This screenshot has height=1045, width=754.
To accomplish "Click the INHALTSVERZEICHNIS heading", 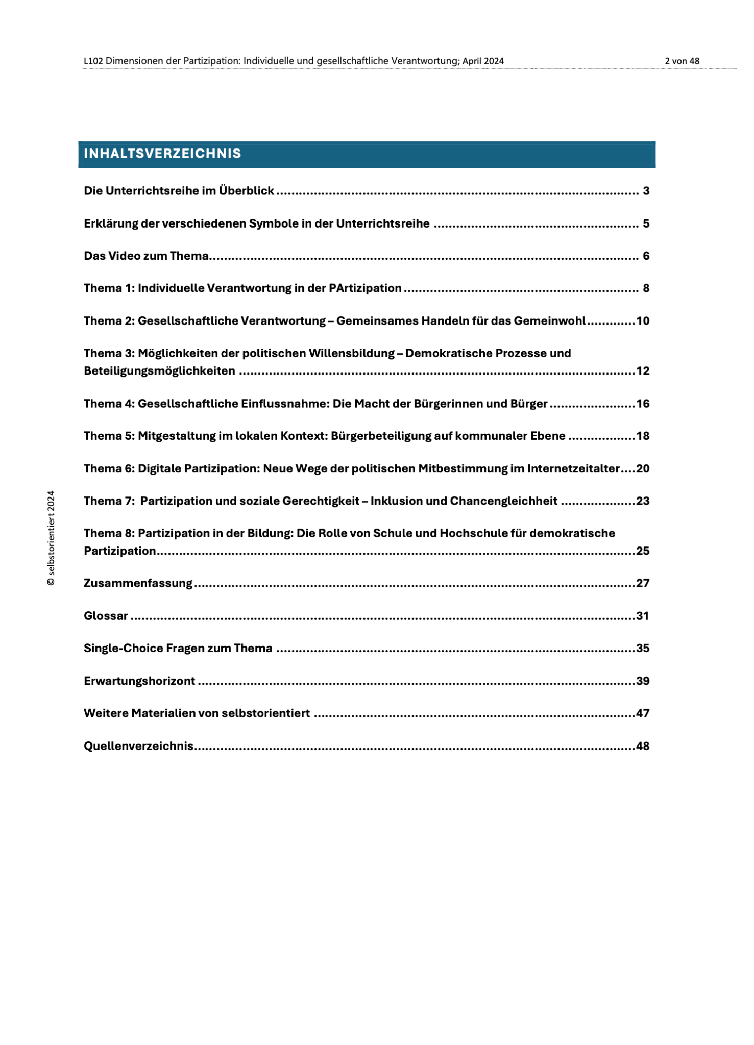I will (162, 154).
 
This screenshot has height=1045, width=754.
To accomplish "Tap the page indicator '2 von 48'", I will (682, 61).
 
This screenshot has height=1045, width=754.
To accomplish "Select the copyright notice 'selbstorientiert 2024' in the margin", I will (51, 538).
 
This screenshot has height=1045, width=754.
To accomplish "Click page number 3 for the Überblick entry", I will (646, 191).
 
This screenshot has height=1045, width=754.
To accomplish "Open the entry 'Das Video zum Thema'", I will (146, 256).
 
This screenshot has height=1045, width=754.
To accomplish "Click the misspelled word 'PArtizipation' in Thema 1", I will (365, 288).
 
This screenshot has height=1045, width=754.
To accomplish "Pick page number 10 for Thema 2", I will (642, 321).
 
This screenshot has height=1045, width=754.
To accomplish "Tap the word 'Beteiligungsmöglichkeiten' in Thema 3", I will (159, 371).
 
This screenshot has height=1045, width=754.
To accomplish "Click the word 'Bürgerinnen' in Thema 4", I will (448, 404).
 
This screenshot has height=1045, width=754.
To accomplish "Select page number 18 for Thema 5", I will (642, 436).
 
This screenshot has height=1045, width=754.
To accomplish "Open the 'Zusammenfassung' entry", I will (138, 583).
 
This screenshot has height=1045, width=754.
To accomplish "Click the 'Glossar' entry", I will (106, 616).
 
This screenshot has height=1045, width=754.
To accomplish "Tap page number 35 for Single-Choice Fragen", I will (642, 648).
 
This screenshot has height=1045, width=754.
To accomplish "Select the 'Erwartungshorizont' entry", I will (139, 681).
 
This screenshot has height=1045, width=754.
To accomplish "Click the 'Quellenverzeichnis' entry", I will (138, 746).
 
